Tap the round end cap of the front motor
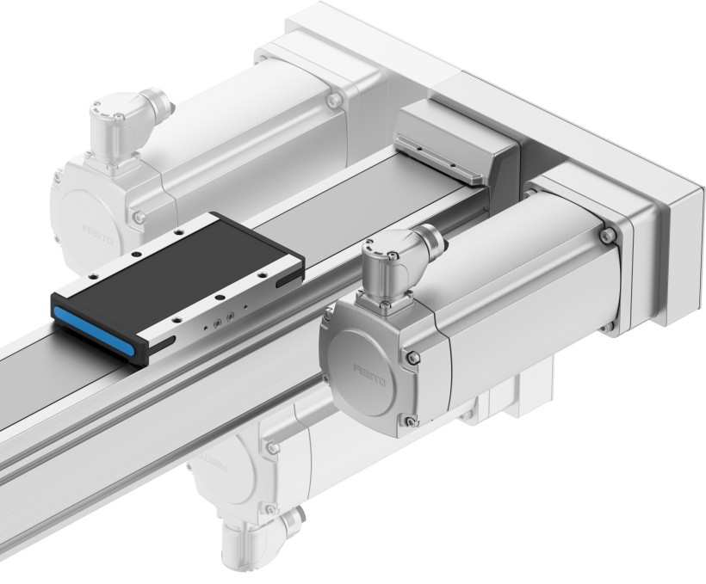click(x=366, y=370)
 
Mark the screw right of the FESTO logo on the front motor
click(x=414, y=358)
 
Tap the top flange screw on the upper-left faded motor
click(x=333, y=101)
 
